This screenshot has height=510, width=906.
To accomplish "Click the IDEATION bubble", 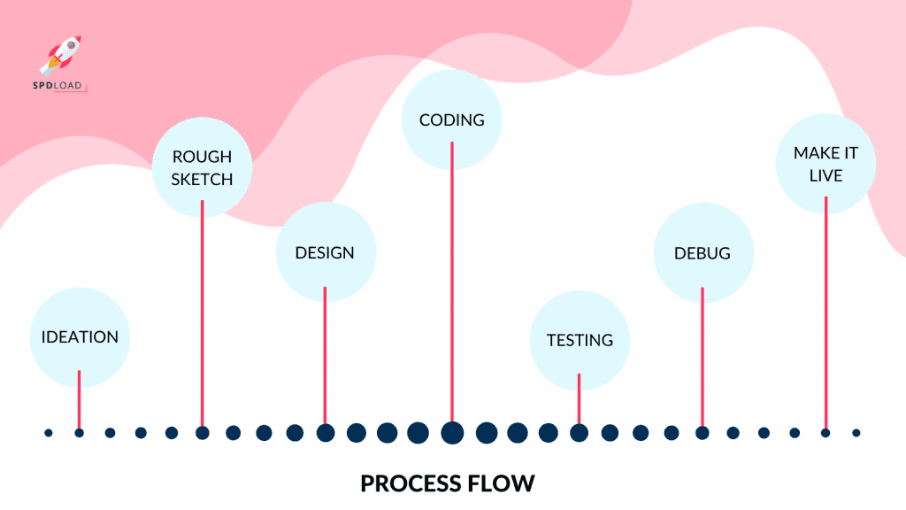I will click(80, 337).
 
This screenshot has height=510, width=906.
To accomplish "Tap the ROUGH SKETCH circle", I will click(202, 167).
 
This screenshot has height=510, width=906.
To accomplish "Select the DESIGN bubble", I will click(326, 253).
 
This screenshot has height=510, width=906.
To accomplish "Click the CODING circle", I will click(452, 120).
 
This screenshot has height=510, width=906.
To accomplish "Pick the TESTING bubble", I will click(580, 340).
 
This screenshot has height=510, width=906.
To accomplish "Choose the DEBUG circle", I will click(703, 253).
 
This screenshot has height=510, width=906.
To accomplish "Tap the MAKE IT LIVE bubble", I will click(825, 164).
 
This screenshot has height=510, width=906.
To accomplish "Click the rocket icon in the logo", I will click(60, 53).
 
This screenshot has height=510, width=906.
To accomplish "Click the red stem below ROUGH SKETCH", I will click(203, 310).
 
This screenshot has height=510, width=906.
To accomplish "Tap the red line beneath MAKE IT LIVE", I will click(825, 310).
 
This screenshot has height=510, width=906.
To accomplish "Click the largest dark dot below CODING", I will click(452, 433).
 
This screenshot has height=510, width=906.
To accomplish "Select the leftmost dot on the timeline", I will click(49, 433).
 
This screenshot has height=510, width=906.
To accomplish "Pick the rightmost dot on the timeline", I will click(856, 433).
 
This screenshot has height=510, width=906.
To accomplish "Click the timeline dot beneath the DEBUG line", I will click(703, 433).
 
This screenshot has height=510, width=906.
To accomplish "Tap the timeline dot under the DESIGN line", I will click(326, 433).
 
